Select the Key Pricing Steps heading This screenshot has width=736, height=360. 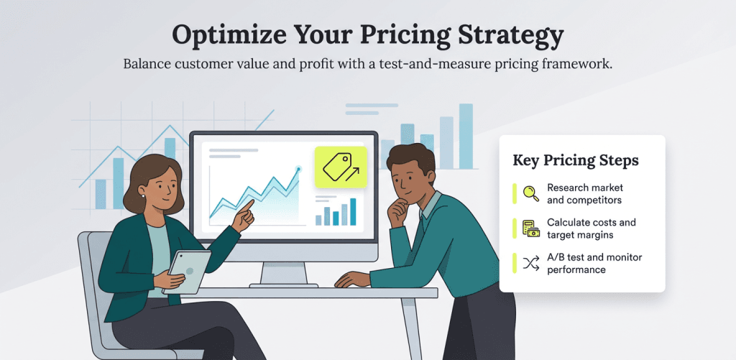click(575, 160)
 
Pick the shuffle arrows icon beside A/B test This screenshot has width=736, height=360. click(530, 263)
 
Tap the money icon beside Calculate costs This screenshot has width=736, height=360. click(530, 229)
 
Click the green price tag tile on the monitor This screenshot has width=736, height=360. click(340, 167)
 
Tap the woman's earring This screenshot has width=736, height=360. click(142, 195)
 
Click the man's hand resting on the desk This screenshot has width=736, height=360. click(352, 280)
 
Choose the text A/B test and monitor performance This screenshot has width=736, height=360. click(594, 263)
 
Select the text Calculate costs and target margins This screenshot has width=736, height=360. click(591, 229)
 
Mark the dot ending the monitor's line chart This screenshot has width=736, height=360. click(298, 169)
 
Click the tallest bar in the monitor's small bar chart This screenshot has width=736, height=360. click(352, 211)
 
